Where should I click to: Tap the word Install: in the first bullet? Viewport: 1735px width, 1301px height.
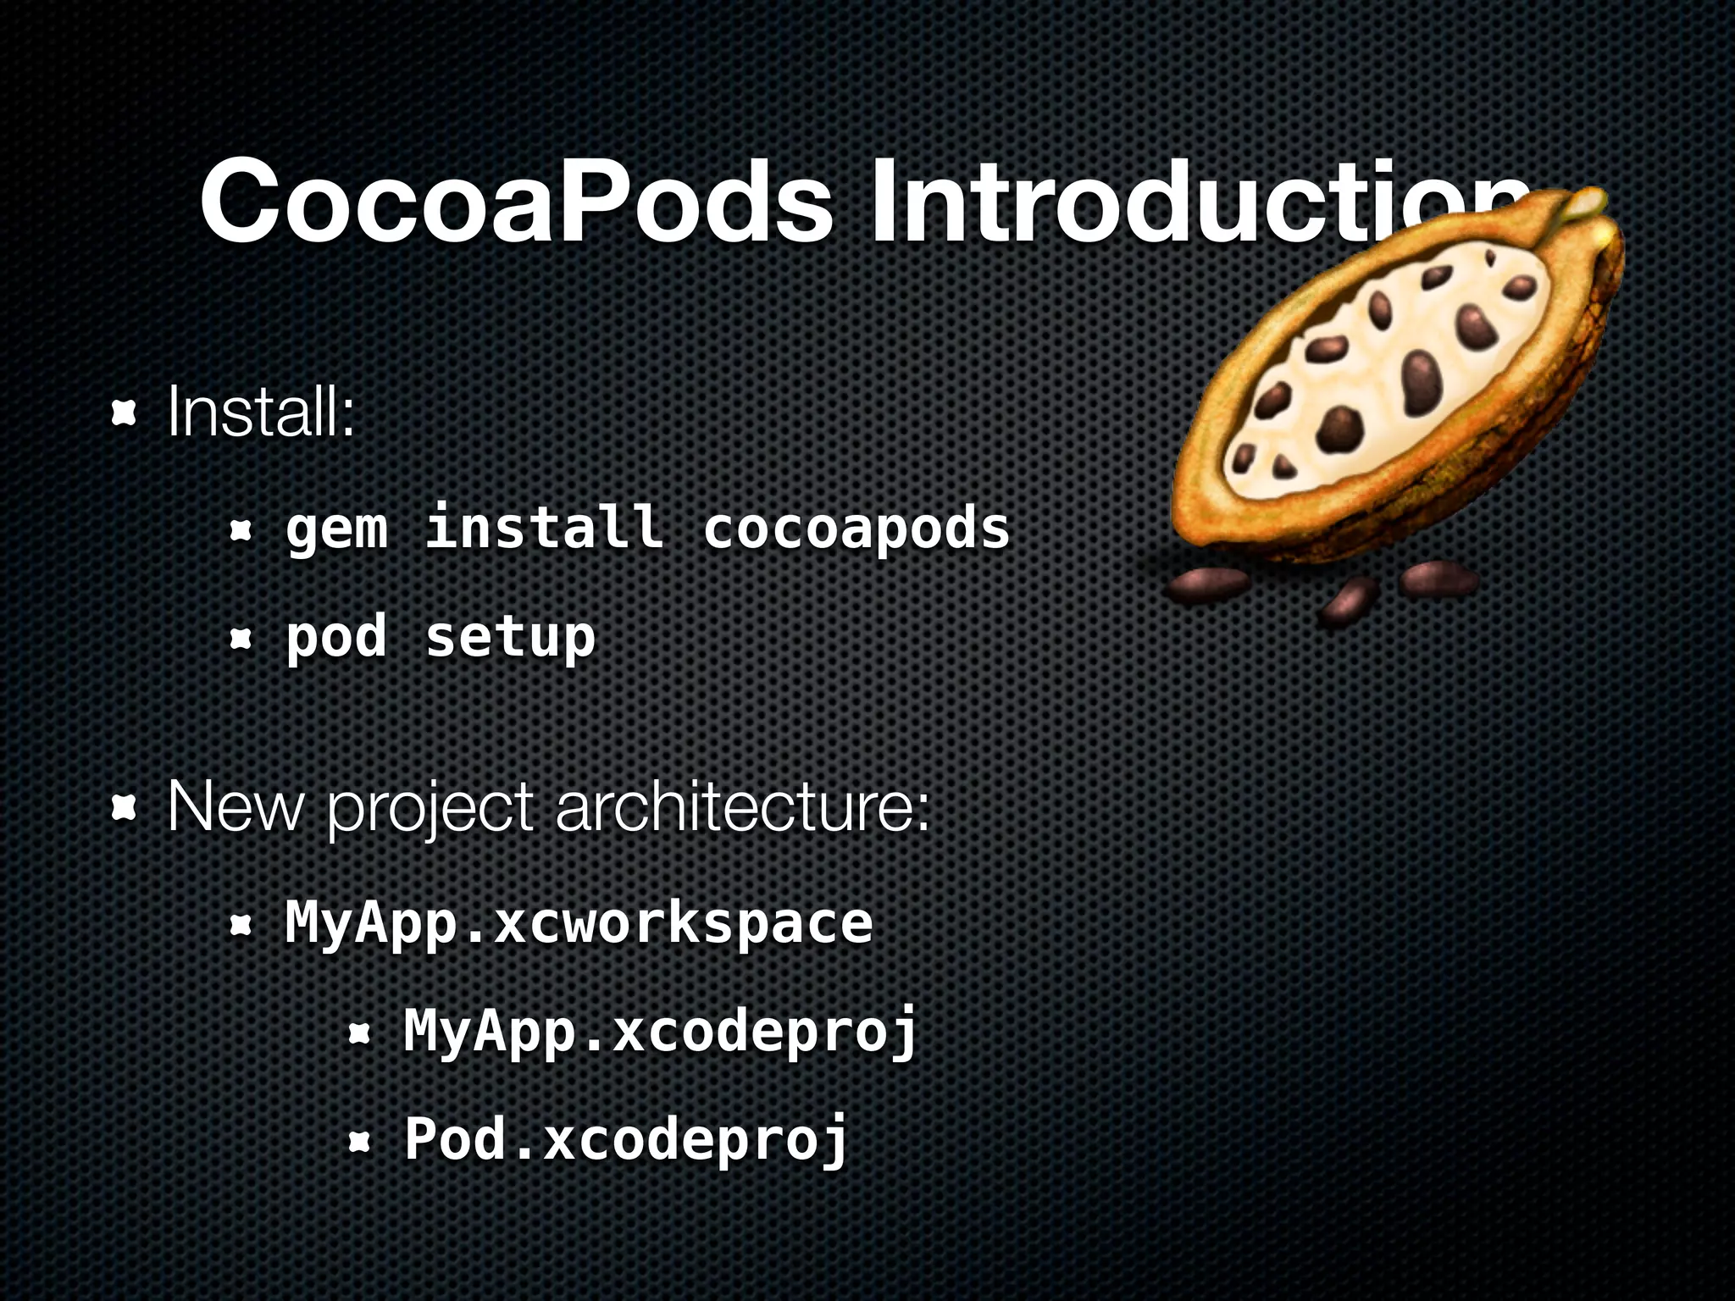coord(261,412)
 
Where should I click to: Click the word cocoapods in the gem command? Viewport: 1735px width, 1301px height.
coord(856,528)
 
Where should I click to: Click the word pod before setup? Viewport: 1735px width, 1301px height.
coord(336,637)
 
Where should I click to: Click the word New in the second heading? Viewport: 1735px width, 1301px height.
coord(235,807)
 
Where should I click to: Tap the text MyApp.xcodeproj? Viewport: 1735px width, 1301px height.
coord(661,1031)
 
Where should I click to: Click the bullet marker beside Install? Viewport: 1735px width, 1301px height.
coord(125,413)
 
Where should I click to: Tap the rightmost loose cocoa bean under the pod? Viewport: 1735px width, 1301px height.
coord(1438,579)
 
